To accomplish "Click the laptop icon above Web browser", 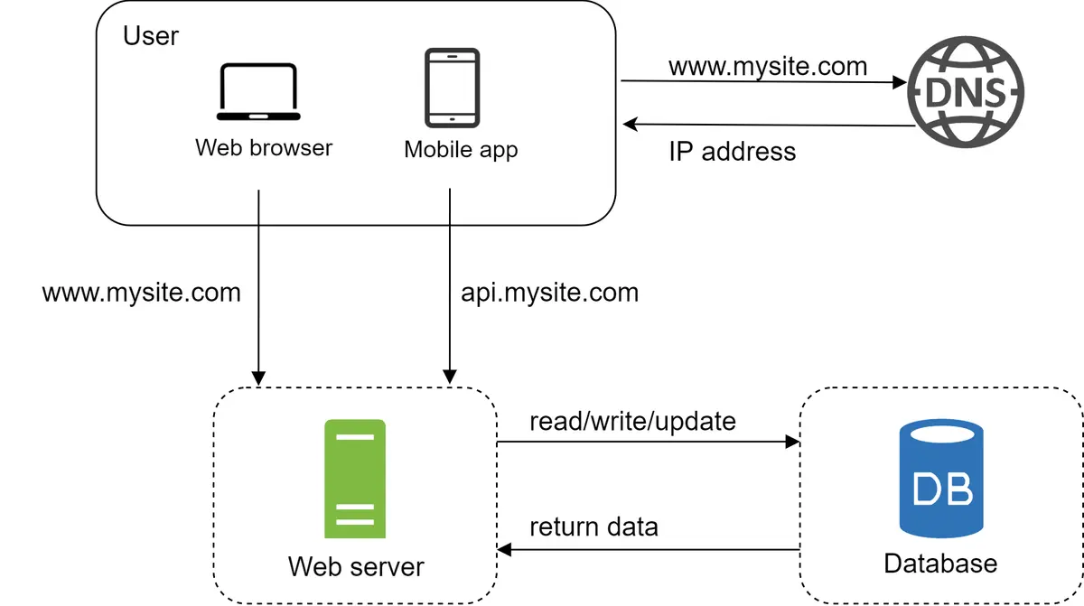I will click(x=258, y=92).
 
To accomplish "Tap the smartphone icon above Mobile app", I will click(x=453, y=88).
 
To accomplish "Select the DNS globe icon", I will click(x=966, y=91).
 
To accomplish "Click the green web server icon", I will click(x=355, y=479).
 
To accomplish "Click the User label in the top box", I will click(x=151, y=36).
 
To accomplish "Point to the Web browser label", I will click(x=264, y=147).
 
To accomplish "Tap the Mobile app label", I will click(x=461, y=149).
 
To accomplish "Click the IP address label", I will click(x=733, y=151).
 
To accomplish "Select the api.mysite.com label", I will click(x=549, y=293).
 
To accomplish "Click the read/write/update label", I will click(x=632, y=421).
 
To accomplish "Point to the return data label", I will click(x=593, y=527).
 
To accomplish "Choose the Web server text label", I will click(x=356, y=566).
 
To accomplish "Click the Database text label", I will click(x=940, y=564).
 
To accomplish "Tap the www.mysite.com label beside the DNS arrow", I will click(x=768, y=66).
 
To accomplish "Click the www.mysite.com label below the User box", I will click(x=142, y=293).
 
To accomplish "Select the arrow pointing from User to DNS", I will click(x=763, y=82).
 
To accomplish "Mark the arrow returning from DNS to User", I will click(x=763, y=125).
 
